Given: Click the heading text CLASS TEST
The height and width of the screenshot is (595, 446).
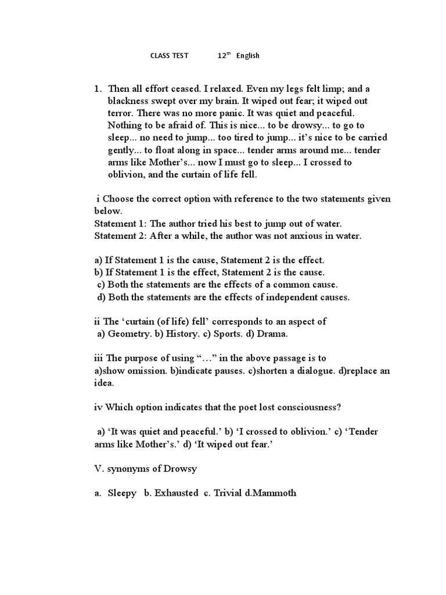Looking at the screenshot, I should (x=170, y=56).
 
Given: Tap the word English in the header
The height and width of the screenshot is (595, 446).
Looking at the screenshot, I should (x=247, y=56).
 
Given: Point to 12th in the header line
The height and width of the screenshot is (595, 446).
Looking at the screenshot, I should (x=224, y=55).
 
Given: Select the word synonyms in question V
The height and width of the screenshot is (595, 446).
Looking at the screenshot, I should (x=125, y=468).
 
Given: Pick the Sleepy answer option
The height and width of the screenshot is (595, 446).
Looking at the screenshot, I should (x=122, y=493).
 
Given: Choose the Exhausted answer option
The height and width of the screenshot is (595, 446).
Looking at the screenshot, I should (x=176, y=493).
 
